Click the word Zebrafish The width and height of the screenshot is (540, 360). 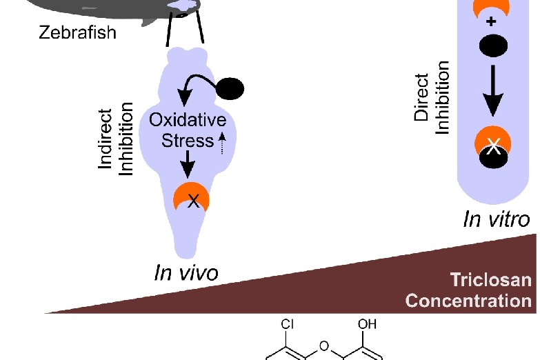(77, 32)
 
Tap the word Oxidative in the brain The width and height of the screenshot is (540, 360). (187, 121)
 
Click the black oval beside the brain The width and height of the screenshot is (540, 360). (231, 88)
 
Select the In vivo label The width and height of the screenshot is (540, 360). (186, 272)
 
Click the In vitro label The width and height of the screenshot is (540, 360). (497, 219)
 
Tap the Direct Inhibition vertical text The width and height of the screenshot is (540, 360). (432, 97)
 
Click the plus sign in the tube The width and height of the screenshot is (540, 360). (492, 22)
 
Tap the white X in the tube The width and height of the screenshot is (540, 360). (493, 146)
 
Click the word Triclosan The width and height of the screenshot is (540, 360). (490, 279)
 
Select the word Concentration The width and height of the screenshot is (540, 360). (469, 301)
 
